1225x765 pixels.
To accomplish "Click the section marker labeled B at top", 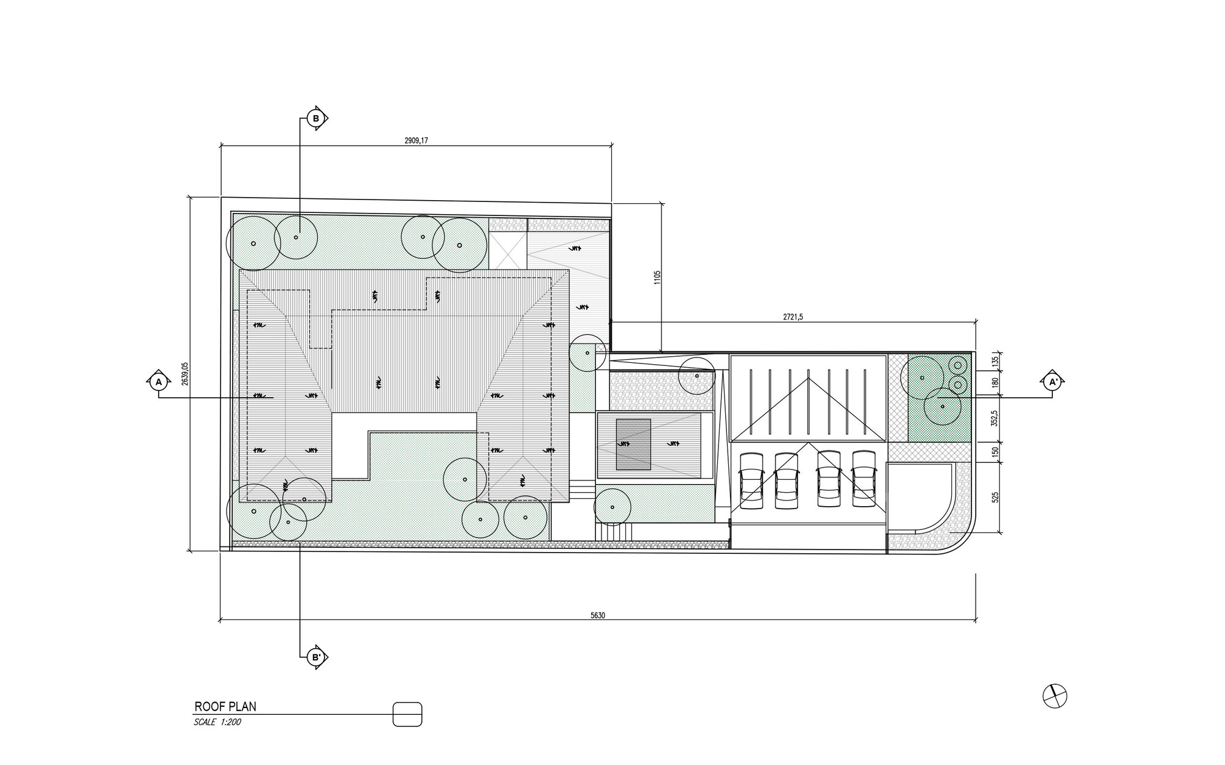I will [x=316, y=118].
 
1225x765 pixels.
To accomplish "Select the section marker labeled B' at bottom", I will [x=316, y=658].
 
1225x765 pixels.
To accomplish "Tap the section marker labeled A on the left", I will [x=159, y=382].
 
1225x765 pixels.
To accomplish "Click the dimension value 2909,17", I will [x=416, y=140].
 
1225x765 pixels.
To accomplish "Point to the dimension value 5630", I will [x=598, y=616].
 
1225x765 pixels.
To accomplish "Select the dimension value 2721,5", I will [x=793, y=317].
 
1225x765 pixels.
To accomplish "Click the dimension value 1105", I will [x=657, y=278].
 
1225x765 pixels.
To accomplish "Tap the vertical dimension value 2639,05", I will [x=185, y=374].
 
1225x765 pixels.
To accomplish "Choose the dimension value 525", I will [x=995, y=496].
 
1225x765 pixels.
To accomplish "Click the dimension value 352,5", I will [x=995, y=418].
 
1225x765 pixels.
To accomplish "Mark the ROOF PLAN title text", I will [x=225, y=707].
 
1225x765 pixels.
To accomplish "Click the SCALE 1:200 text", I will [x=217, y=722].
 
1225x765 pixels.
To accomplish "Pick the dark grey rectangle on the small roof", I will [x=633, y=444].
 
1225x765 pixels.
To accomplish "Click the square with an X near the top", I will [x=508, y=250].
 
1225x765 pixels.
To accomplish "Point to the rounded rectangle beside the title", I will [x=407, y=714].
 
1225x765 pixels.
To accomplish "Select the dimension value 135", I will [x=995, y=362].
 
